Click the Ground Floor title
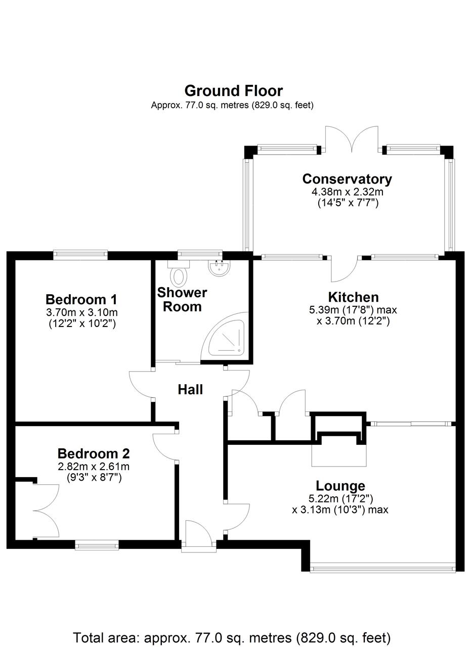coord(233,91)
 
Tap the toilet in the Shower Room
coord(178,276)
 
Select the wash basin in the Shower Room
coord(219,267)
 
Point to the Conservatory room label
coord(347,179)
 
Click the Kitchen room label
coord(353,297)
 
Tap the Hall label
coord(190,389)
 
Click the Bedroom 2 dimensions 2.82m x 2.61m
coord(94,467)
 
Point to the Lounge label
coord(340,486)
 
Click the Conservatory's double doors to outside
coord(352,138)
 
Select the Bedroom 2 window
coord(97,544)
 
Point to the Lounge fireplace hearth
coord(338,455)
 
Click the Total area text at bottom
coord(232,637)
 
